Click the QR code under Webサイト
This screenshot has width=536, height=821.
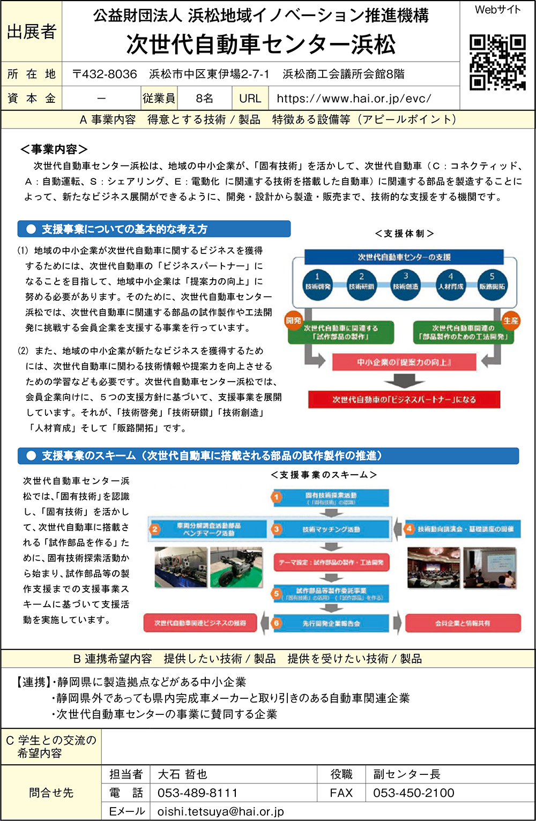497,62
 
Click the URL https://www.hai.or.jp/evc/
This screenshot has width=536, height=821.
354,99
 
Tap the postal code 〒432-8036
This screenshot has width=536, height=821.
105,74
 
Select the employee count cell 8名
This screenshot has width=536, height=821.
204,99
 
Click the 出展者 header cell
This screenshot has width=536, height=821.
32,32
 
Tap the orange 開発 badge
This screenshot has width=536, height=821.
293,320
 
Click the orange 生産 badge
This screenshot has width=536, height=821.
510,320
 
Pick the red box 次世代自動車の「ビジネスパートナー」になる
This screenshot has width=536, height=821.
404,399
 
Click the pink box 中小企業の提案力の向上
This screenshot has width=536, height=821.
404,362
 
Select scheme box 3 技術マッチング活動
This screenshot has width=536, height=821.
331,529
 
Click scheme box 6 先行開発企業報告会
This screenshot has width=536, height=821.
331,623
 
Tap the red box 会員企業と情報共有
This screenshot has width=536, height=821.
463,623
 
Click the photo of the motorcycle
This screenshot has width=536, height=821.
236,567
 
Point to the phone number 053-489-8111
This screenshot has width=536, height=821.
197,793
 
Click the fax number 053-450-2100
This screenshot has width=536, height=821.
413,793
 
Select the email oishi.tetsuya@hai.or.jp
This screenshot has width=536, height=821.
220,811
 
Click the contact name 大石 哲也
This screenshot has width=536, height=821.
182,774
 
